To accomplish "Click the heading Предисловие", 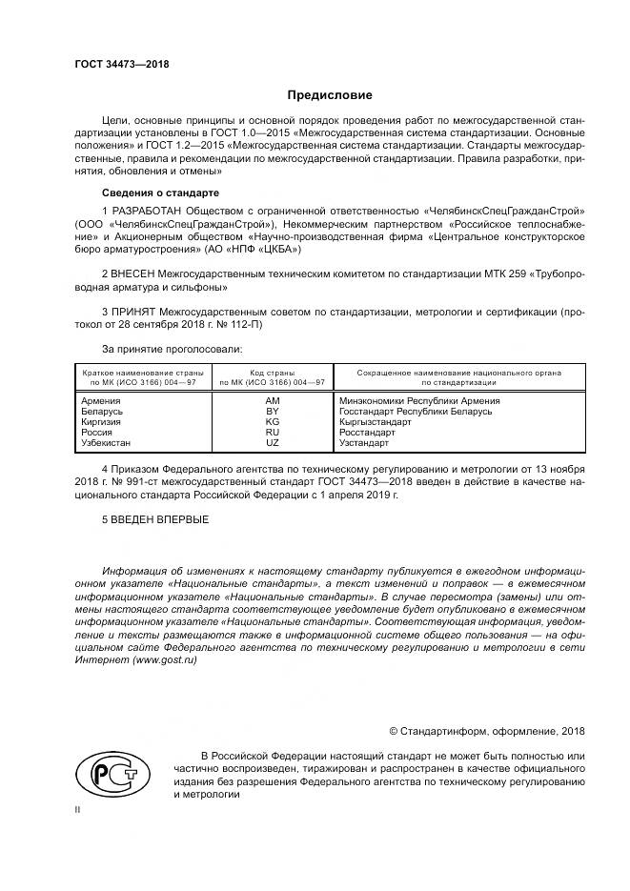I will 331,95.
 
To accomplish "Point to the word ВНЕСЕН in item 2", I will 132,273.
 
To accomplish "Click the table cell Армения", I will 102,401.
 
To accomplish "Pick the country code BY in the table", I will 273,412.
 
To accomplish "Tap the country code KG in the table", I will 273,422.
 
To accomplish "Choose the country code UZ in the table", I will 273,443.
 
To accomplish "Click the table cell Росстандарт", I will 367,433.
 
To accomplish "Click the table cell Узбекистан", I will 108,443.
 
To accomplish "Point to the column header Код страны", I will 273,373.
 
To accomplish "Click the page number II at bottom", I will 78,809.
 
